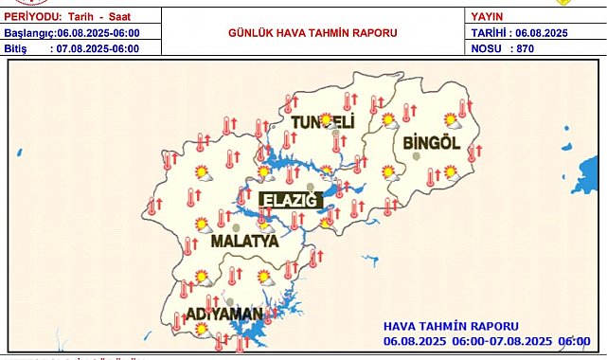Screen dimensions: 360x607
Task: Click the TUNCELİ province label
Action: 321,124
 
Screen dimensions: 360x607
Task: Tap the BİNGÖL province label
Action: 431,143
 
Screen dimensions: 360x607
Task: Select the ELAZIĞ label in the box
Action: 292,199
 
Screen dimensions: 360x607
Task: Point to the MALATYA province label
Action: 243,242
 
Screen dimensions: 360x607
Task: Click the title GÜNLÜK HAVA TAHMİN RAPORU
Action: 312,32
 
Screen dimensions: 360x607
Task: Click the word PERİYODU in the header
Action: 35,16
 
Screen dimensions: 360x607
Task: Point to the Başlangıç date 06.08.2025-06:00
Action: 99,32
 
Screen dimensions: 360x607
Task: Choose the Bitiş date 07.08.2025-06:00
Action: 99,46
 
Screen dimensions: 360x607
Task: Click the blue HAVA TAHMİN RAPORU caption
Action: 451,326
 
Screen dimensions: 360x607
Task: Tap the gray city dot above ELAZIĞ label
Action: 310,187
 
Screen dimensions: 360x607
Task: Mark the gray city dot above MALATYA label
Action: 236,227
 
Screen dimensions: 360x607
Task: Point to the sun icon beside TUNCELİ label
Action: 328,119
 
